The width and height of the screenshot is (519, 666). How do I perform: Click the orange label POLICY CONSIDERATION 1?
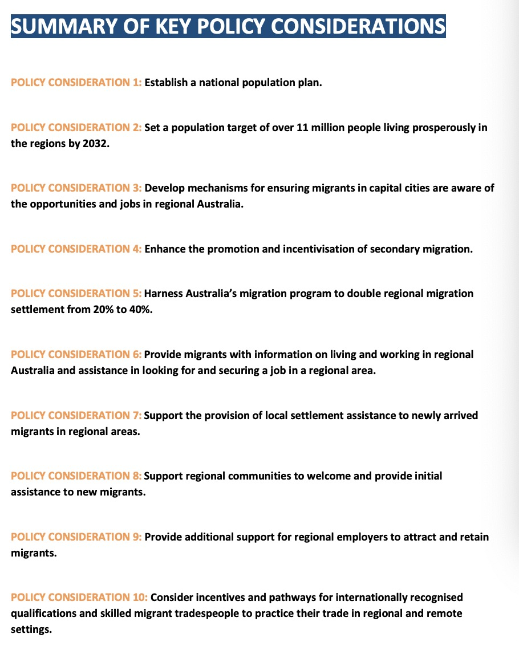tap(76, 83)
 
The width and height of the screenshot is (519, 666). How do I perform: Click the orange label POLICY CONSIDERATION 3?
tap(76, 188)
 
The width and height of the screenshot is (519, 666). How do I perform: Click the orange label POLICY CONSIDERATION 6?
tap(76, 355)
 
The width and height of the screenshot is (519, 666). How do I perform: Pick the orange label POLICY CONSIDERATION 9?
tap(76, 537)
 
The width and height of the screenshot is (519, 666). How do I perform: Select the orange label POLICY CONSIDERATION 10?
tap(79, 598)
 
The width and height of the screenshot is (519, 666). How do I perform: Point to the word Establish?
tap(166, 83)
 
